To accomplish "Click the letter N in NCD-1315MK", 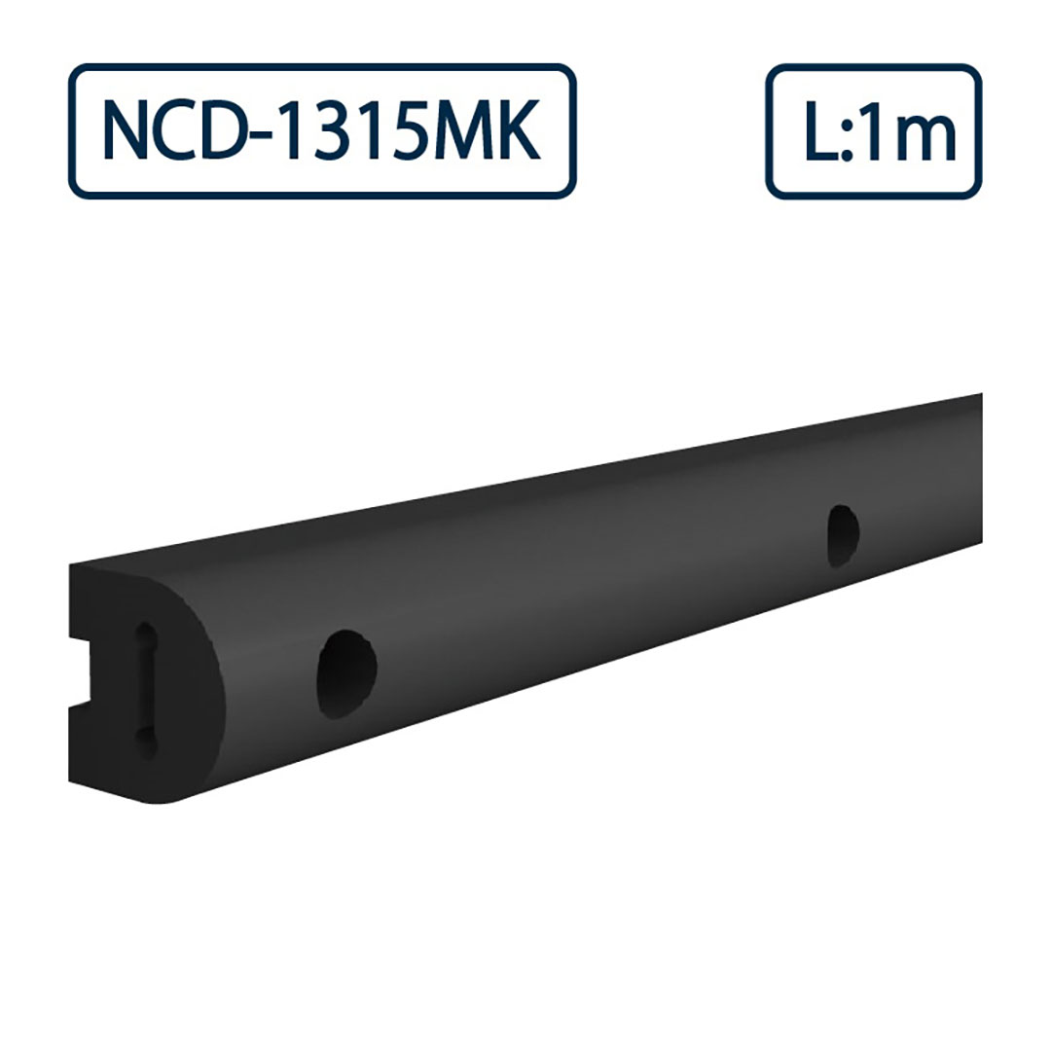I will [x=126, y=131].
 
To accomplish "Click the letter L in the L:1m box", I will [x=819, y=131].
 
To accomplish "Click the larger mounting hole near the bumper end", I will [x=346, y=673].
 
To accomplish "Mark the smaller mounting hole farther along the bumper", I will [x=843, y=534].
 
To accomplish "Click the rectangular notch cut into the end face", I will [x=80, y=671].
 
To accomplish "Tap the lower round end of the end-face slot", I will [x=145, y=743].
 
